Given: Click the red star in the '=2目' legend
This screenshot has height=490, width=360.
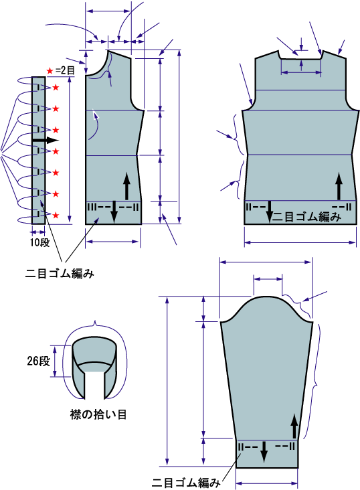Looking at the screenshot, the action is click(x=50, y=71).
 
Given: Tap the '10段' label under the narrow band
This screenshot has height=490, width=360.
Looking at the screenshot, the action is click(x=39, y=242).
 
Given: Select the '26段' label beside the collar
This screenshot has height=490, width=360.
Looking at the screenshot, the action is click(x=38, y=361).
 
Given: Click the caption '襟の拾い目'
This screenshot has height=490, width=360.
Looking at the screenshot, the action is click(x=98, y=414).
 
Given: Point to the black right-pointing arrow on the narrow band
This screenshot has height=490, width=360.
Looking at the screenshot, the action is click(x=46, y=141).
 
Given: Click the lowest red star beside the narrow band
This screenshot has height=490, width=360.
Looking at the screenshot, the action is click(x=56, y=216).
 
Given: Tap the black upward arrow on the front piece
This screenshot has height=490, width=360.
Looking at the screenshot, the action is click(x=126, y=186).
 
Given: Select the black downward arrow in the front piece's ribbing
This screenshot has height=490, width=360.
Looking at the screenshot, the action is click(x=114, y=212).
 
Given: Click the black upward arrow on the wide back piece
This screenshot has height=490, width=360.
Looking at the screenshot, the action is click(x=339, y=186).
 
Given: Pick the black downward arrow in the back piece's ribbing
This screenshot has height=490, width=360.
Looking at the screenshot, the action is click(x=270, y=212).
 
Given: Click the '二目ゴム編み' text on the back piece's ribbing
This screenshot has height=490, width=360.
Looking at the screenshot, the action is click(x=306, y=217).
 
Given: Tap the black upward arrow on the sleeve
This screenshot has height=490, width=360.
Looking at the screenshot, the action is click(x=294, y=426).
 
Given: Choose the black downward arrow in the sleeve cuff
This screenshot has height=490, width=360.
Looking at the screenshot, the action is click(x=264, y=452).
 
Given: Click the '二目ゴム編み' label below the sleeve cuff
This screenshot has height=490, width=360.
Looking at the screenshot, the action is click(x=186, y=483).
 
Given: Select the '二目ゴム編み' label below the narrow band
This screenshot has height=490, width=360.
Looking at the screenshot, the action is click(x=60, y=274).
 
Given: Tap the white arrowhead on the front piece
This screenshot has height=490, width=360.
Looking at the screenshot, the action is click(x=96, y=115).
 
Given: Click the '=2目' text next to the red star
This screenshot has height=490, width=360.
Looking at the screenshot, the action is click(x=66, y=71).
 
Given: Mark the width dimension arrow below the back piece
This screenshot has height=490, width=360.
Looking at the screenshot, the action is click(x=300, y=242).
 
